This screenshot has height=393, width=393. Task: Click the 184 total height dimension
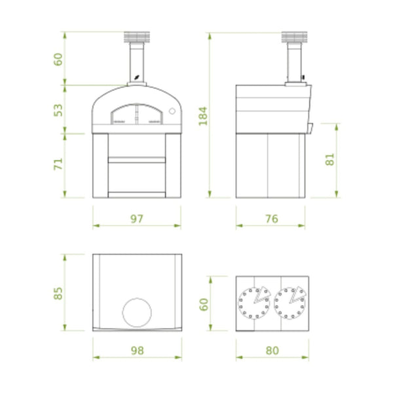(x=203, y=116)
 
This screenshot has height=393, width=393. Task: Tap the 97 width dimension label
(x=137, y=219)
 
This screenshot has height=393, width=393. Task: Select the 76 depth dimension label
(x=272, y=219)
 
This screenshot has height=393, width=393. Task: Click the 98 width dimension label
(x=138, y=350)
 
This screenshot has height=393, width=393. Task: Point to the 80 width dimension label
(x=272, y=350)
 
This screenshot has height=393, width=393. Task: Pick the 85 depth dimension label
(x=58, y=293)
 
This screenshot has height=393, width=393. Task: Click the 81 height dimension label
(x=330, y=159)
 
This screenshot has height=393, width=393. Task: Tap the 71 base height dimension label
(x=58, y=164)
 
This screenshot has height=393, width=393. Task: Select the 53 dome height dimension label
(x=58, y=110)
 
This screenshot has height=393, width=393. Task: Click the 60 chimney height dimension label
(x=58, y=60)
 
